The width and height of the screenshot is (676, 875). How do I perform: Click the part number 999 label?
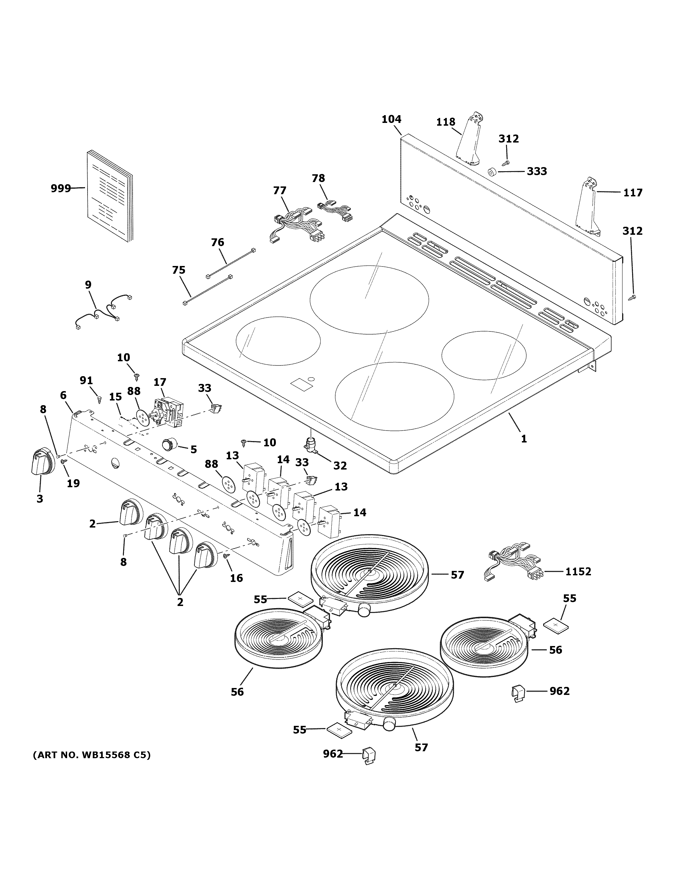click(60, 188)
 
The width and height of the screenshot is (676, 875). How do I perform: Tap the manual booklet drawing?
click(109, 196)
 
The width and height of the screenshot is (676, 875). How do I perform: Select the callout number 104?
click(391, 119)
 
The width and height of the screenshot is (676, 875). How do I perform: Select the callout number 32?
click(340, 466)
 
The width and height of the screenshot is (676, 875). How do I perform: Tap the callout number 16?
click(236, 578)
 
